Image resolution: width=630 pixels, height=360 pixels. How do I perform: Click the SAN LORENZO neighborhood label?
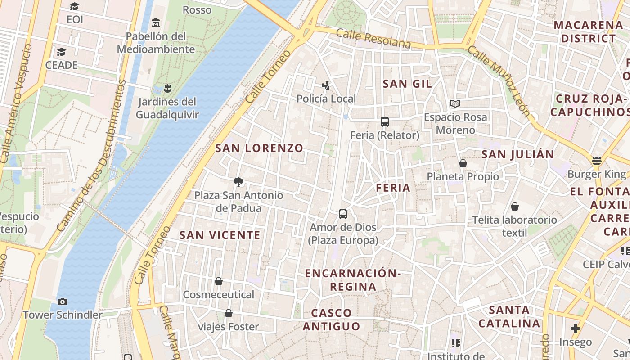click(259, 148)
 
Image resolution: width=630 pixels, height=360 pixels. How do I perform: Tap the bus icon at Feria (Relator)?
click(385, 122)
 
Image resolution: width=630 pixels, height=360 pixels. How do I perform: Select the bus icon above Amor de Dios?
click(343, 214)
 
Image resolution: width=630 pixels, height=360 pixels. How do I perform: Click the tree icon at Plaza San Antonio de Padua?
click(238, 182)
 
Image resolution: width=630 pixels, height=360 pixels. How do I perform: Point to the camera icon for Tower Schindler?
click(63, 301)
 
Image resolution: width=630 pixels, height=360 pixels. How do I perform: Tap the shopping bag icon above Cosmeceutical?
click(219, 281)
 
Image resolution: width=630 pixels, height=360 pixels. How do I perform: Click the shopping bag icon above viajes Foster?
click(229, 313)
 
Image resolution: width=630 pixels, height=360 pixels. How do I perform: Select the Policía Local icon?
click(326, 85)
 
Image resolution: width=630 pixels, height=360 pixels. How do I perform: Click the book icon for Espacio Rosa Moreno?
click(455, 104)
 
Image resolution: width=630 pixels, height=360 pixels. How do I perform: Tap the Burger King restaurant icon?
click(597, 161)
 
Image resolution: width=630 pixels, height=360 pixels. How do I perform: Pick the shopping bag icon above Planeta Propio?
click(463, 163)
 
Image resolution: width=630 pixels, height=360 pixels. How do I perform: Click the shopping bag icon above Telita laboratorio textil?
click(514, 207)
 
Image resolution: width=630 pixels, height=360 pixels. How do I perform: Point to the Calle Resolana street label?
click(373, 38)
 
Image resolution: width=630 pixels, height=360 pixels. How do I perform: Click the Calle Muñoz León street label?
click(499, 81)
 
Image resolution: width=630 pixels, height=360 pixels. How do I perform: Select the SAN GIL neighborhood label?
click(407, 84)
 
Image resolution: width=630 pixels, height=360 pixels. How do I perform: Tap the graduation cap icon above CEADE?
click(61, 52)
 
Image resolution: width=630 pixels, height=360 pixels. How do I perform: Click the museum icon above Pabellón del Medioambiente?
click(156, 22)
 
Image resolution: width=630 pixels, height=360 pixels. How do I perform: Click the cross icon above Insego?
click(575, 328)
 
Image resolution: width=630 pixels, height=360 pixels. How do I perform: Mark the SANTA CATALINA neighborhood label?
click(509, 316)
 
